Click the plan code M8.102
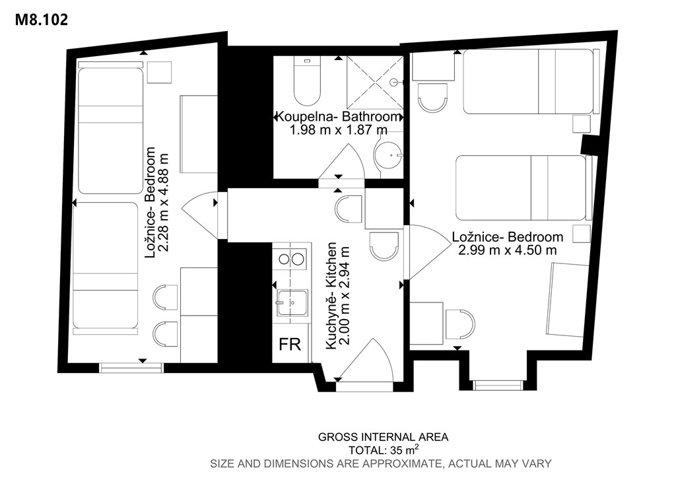pos(42,20)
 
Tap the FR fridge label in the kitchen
pos(290,345)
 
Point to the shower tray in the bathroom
pos(374,82)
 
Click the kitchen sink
pos(292,302)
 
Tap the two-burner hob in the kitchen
pos(290,259)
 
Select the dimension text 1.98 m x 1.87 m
pos(338,130)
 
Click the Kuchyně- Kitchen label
pos(331,296)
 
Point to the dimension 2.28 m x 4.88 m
pos(164,203)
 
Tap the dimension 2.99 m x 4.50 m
pos(507,250)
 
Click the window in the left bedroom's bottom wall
pos(131,367)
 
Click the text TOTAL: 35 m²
pos(384,450)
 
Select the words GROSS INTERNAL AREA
pos(384,437)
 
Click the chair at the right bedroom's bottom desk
pos(459,324)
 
